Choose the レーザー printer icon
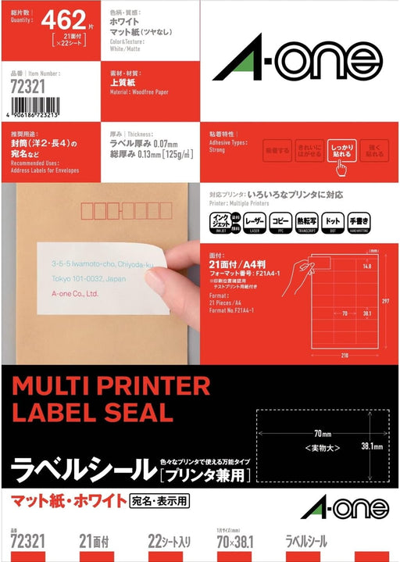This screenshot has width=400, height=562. pyautogui.click(x=255, y=222)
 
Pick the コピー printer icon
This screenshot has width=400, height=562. pyautogui.click(x=280, y=222)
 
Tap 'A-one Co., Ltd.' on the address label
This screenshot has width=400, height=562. pyautogui.click(x=71, y=294)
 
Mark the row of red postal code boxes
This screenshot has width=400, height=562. pyautogui.click(x=114, y=211)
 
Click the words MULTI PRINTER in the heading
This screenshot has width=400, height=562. pyautogui.click(x=110, y=386)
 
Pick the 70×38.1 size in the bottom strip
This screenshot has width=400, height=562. pyautogui.click(x=236, y=540)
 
